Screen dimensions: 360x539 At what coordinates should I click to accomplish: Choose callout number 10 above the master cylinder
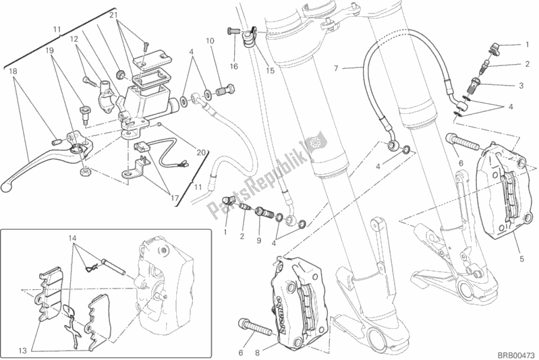(210, 41)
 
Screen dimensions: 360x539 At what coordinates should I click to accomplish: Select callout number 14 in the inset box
(72, 239)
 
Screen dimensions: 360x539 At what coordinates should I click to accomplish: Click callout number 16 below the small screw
(233, 67)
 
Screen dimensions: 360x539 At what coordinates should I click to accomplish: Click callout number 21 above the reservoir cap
(114, 15)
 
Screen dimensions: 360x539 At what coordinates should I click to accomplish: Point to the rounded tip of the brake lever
(7, 183)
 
